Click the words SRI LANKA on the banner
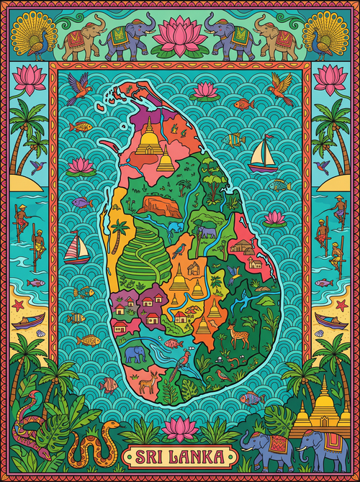[x=180, y=457]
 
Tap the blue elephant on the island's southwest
[x=135, y=353]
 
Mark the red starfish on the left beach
[x=19, y=306]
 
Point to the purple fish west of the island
[x=81, y=202]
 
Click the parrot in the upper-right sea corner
[x=279, y=88]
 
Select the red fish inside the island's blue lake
[x=172, y=343]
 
